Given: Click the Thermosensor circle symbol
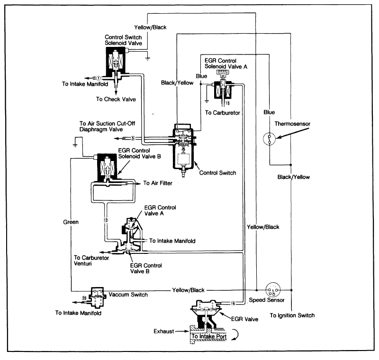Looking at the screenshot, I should click(270, 139).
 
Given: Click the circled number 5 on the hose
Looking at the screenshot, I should click(133, 139).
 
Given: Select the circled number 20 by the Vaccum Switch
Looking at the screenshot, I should click(84, 298).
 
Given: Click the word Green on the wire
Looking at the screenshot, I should click(71, 221).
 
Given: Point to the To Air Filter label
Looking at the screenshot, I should click(158, 183).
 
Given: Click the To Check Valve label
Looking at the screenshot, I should click(116, 99).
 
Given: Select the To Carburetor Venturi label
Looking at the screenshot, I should click(92, 261).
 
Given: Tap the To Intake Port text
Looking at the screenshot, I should click(209, 337).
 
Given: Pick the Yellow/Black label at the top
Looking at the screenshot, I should click(151, 27).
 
